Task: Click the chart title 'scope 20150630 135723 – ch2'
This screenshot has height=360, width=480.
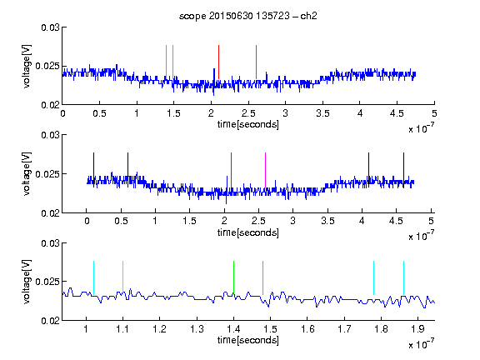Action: pyautogui.click(x=248, y=16)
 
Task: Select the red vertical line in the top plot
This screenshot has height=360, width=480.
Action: pyautogui.click(x=218, y=62)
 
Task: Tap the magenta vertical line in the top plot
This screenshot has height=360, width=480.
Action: pyautogui.click(x=256, y=62)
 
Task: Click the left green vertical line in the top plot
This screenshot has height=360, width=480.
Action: pyautogui.click(x=166, y=62)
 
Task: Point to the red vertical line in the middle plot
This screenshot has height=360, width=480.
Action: pyautogui.click(x=231, y=170)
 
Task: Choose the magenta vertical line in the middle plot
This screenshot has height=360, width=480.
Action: pyautogui.click(x=265, y=170)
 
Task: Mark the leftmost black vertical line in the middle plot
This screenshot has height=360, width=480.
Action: pyautogui.click(x=93, y=170)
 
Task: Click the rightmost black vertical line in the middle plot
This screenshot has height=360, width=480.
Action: pyautogui.click(x=403, y=170)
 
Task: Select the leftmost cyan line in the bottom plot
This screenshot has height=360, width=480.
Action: pyautogui.click(x=93, y=278)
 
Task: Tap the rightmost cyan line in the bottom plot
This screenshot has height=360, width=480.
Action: pyautogui.click(x=403, y=278)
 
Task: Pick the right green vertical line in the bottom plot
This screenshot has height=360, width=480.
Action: pyautogui.click(x=263, y=278)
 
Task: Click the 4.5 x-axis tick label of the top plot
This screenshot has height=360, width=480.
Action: pyautogui.click(x=397, y=113)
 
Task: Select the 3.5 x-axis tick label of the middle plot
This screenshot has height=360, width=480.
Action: pyautogui.click(x=327, y=221)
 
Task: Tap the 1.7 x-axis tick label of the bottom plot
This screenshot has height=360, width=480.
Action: pyautogui.click(x=344, y=329)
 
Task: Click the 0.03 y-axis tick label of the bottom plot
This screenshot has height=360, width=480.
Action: pyautogui.click(x=50, y=243)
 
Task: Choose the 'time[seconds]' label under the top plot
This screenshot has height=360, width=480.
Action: pyautogui.click(x=248, y=124)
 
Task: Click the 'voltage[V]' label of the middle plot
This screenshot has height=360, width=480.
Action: pyautogui.click(x=27, y=174)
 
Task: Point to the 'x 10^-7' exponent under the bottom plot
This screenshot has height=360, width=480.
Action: pyautogui.click(x=421, y=344)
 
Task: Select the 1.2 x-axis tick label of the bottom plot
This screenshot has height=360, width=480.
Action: pyautogui.click(x=159, y=329)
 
